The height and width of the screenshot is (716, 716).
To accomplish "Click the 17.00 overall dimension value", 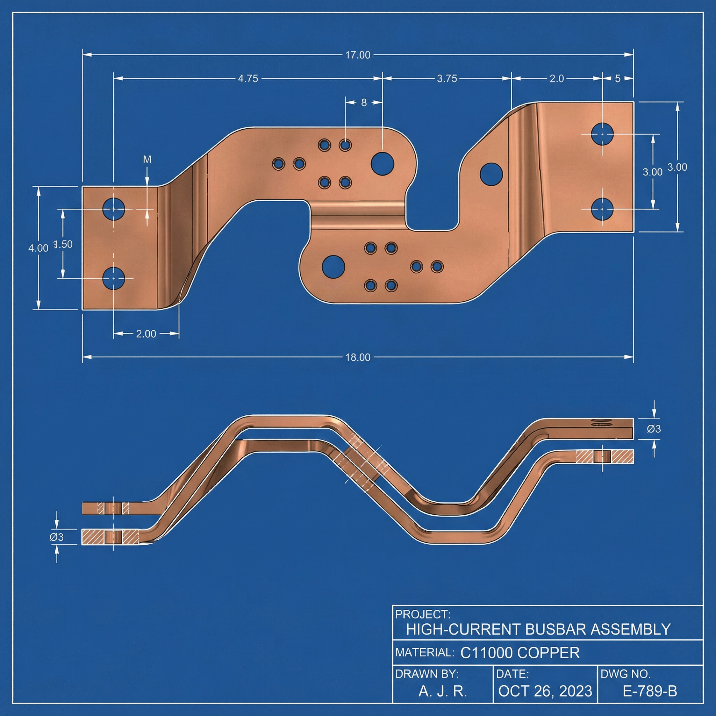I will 358,55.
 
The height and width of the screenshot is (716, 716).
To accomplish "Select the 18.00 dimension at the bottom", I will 358,357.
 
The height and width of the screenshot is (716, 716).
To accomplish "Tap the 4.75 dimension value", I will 248,79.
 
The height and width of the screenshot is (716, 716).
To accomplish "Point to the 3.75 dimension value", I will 447,79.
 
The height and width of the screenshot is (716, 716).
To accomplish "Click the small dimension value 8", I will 364,103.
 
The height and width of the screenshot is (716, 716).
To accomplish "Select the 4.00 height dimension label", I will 38,248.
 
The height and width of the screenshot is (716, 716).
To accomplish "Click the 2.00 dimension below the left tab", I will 146,334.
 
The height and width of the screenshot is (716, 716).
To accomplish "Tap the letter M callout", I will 147,159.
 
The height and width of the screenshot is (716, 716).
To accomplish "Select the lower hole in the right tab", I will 602,209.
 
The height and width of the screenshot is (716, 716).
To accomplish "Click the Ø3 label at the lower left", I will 57,537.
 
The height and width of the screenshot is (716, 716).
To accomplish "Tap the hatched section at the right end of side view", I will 605,457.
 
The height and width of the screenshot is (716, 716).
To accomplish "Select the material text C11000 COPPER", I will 520,653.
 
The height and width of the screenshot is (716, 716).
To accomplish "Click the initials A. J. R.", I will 443,691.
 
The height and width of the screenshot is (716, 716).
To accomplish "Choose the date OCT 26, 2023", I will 545,691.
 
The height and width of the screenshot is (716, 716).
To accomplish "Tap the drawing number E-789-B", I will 650,691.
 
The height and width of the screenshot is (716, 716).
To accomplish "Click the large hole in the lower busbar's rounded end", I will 333,266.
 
